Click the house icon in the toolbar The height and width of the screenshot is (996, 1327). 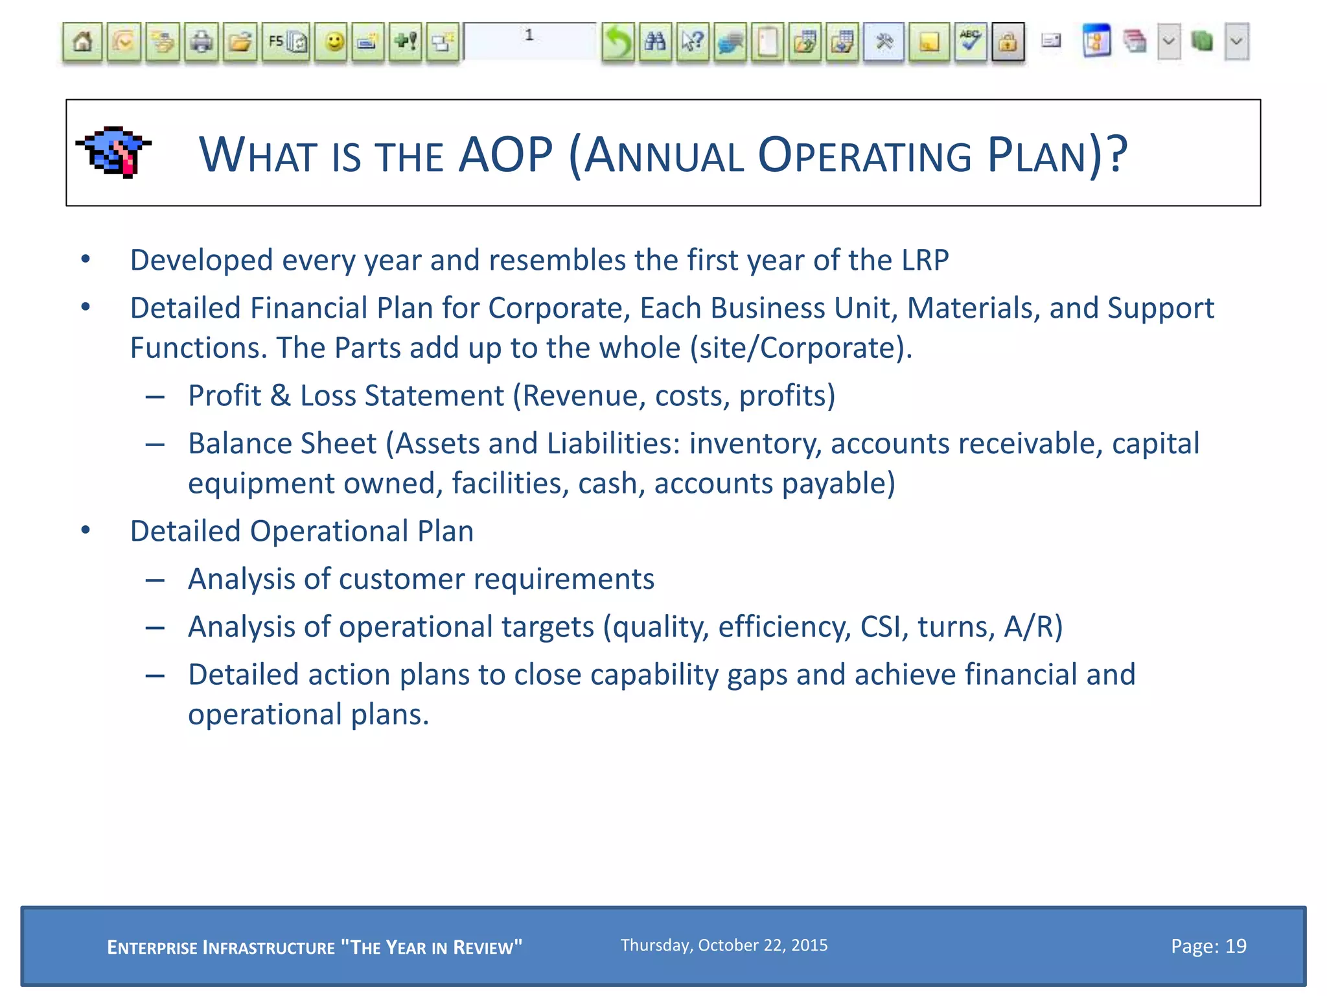point(82,43)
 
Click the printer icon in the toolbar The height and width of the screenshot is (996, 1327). point(202,43)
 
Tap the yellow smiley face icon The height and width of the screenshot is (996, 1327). point(334,43)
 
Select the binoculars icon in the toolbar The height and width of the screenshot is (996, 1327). point(655,43)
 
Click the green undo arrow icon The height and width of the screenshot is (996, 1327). point(617,43)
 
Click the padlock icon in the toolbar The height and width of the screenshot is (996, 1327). point(1008,43)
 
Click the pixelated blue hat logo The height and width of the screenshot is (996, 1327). point(114,152)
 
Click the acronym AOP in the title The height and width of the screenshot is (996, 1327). point(505,155)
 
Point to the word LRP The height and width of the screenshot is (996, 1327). point(925,261)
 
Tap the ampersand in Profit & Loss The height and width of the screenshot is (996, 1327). point(281,396)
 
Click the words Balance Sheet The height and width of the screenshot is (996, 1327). point(282,444)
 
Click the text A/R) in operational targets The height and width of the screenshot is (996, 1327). point(1033,627)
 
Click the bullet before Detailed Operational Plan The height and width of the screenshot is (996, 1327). point(86,531)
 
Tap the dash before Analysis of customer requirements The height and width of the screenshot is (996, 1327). point(155,580)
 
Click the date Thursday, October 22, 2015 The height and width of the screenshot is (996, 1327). point(724,945)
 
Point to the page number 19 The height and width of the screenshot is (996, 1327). point(1236,947)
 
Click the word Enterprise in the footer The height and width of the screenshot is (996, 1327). point(152,948)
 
